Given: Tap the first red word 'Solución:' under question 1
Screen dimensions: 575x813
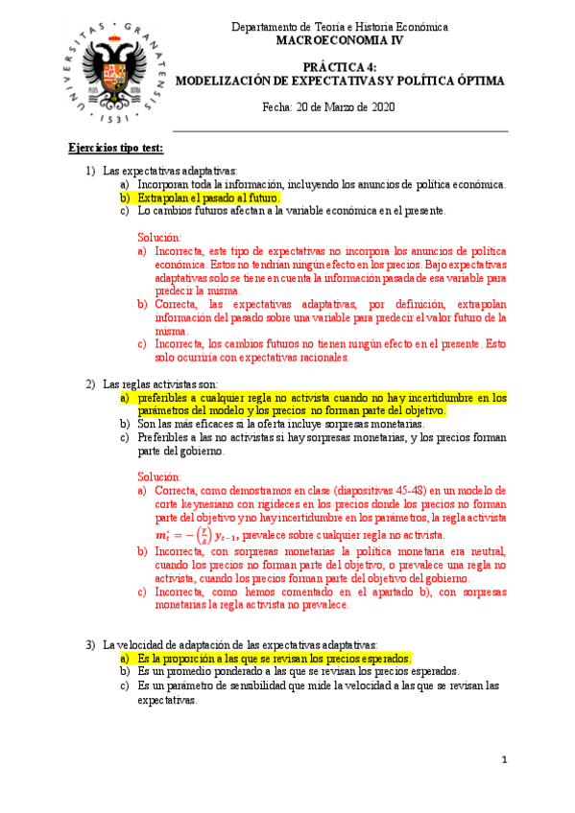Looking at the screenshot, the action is (158, 237).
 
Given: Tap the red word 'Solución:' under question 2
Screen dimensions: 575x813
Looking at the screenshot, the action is (158, 476).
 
